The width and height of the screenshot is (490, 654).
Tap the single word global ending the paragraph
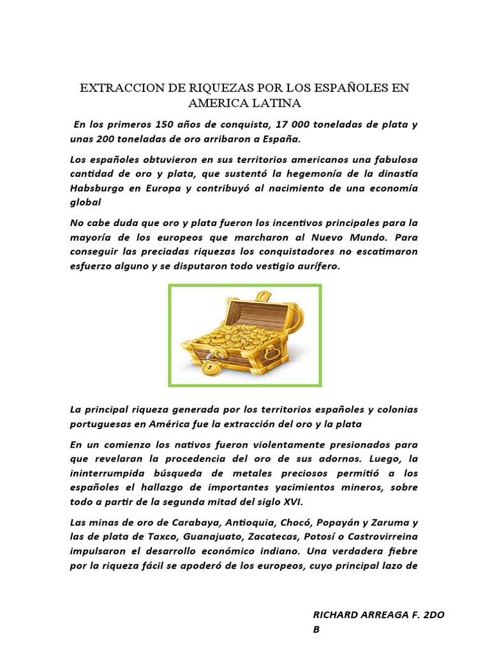85,202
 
